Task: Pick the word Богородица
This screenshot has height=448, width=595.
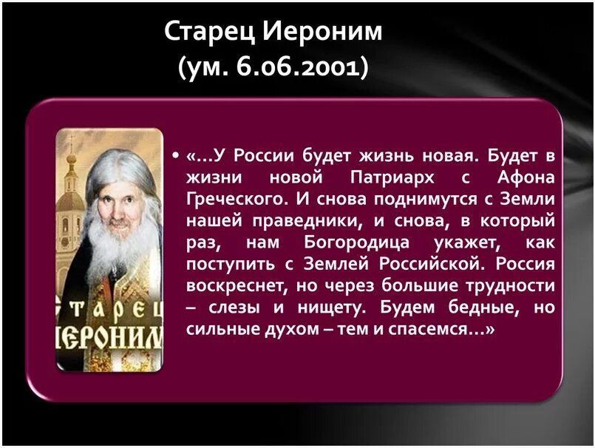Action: [351, 242]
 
